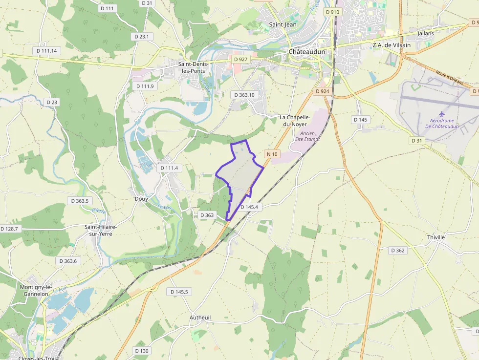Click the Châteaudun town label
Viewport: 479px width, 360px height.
coord(306,52)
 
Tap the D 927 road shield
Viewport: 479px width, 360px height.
coord(240,59)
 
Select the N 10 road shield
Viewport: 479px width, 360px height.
coord(272,154)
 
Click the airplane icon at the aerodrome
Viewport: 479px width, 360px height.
coord(442,114)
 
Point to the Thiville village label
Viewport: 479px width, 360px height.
coord(436,237)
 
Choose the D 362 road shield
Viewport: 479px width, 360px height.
coord(398,251)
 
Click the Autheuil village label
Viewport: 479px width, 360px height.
coord(200,318)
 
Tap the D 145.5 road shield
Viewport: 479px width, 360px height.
coord(179,292)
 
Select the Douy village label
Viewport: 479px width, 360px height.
coord(141,199)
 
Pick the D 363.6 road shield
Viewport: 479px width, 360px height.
coord(68,261)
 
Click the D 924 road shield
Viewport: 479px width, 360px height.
coord(323,91)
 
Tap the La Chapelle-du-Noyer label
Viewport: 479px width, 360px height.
coord(295,121)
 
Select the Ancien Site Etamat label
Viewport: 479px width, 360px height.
coord(307,136)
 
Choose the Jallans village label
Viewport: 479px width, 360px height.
coord(426,33)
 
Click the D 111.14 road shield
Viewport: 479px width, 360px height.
coord(47,51)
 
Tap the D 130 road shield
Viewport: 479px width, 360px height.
coord(141,351)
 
